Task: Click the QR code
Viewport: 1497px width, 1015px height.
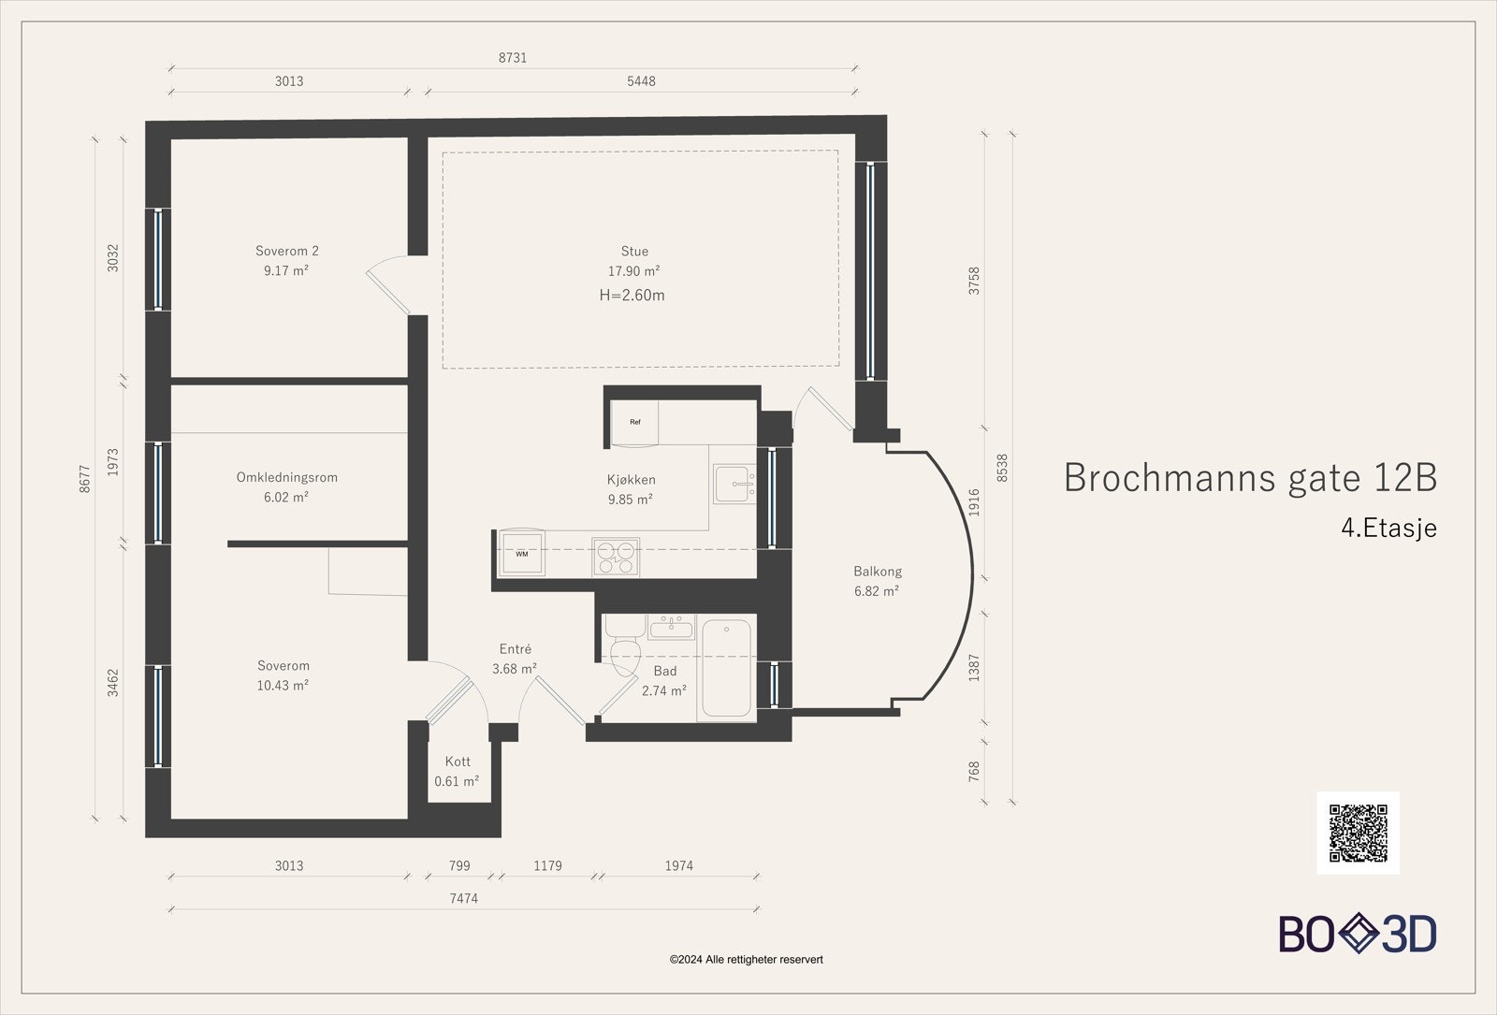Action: point(1358,833)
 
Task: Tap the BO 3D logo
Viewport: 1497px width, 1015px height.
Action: point(1358,934)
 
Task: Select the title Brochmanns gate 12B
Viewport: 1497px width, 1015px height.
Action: point(1250,478)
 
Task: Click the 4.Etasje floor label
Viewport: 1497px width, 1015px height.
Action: point(1388,528)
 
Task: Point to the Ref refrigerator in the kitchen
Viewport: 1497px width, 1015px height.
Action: point(634,422)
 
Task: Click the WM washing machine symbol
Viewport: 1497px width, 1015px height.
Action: point(522,553)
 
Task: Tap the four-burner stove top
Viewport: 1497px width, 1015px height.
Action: point(616,558)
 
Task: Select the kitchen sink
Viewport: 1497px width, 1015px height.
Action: point(734,484)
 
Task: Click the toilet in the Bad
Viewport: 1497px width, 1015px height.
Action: point(624,645)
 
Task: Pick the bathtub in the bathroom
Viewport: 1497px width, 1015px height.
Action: point(726,668)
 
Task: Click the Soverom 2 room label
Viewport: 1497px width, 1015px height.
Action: point(286,252)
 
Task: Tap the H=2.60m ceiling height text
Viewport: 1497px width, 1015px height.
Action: point(632,296)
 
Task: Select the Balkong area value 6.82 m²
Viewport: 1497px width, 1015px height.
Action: point(876,591)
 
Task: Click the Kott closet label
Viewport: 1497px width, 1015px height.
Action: point(458,761)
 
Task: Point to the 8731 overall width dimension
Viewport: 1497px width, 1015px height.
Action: point(513,58)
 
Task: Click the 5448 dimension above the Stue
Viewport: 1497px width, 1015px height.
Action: point(641,81)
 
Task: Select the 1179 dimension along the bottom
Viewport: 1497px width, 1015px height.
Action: point(547,866)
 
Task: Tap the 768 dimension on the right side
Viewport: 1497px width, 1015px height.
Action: point(974,771)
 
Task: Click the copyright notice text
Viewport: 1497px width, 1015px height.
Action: point(746,960)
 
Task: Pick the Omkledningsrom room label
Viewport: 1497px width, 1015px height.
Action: point(286,478)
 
